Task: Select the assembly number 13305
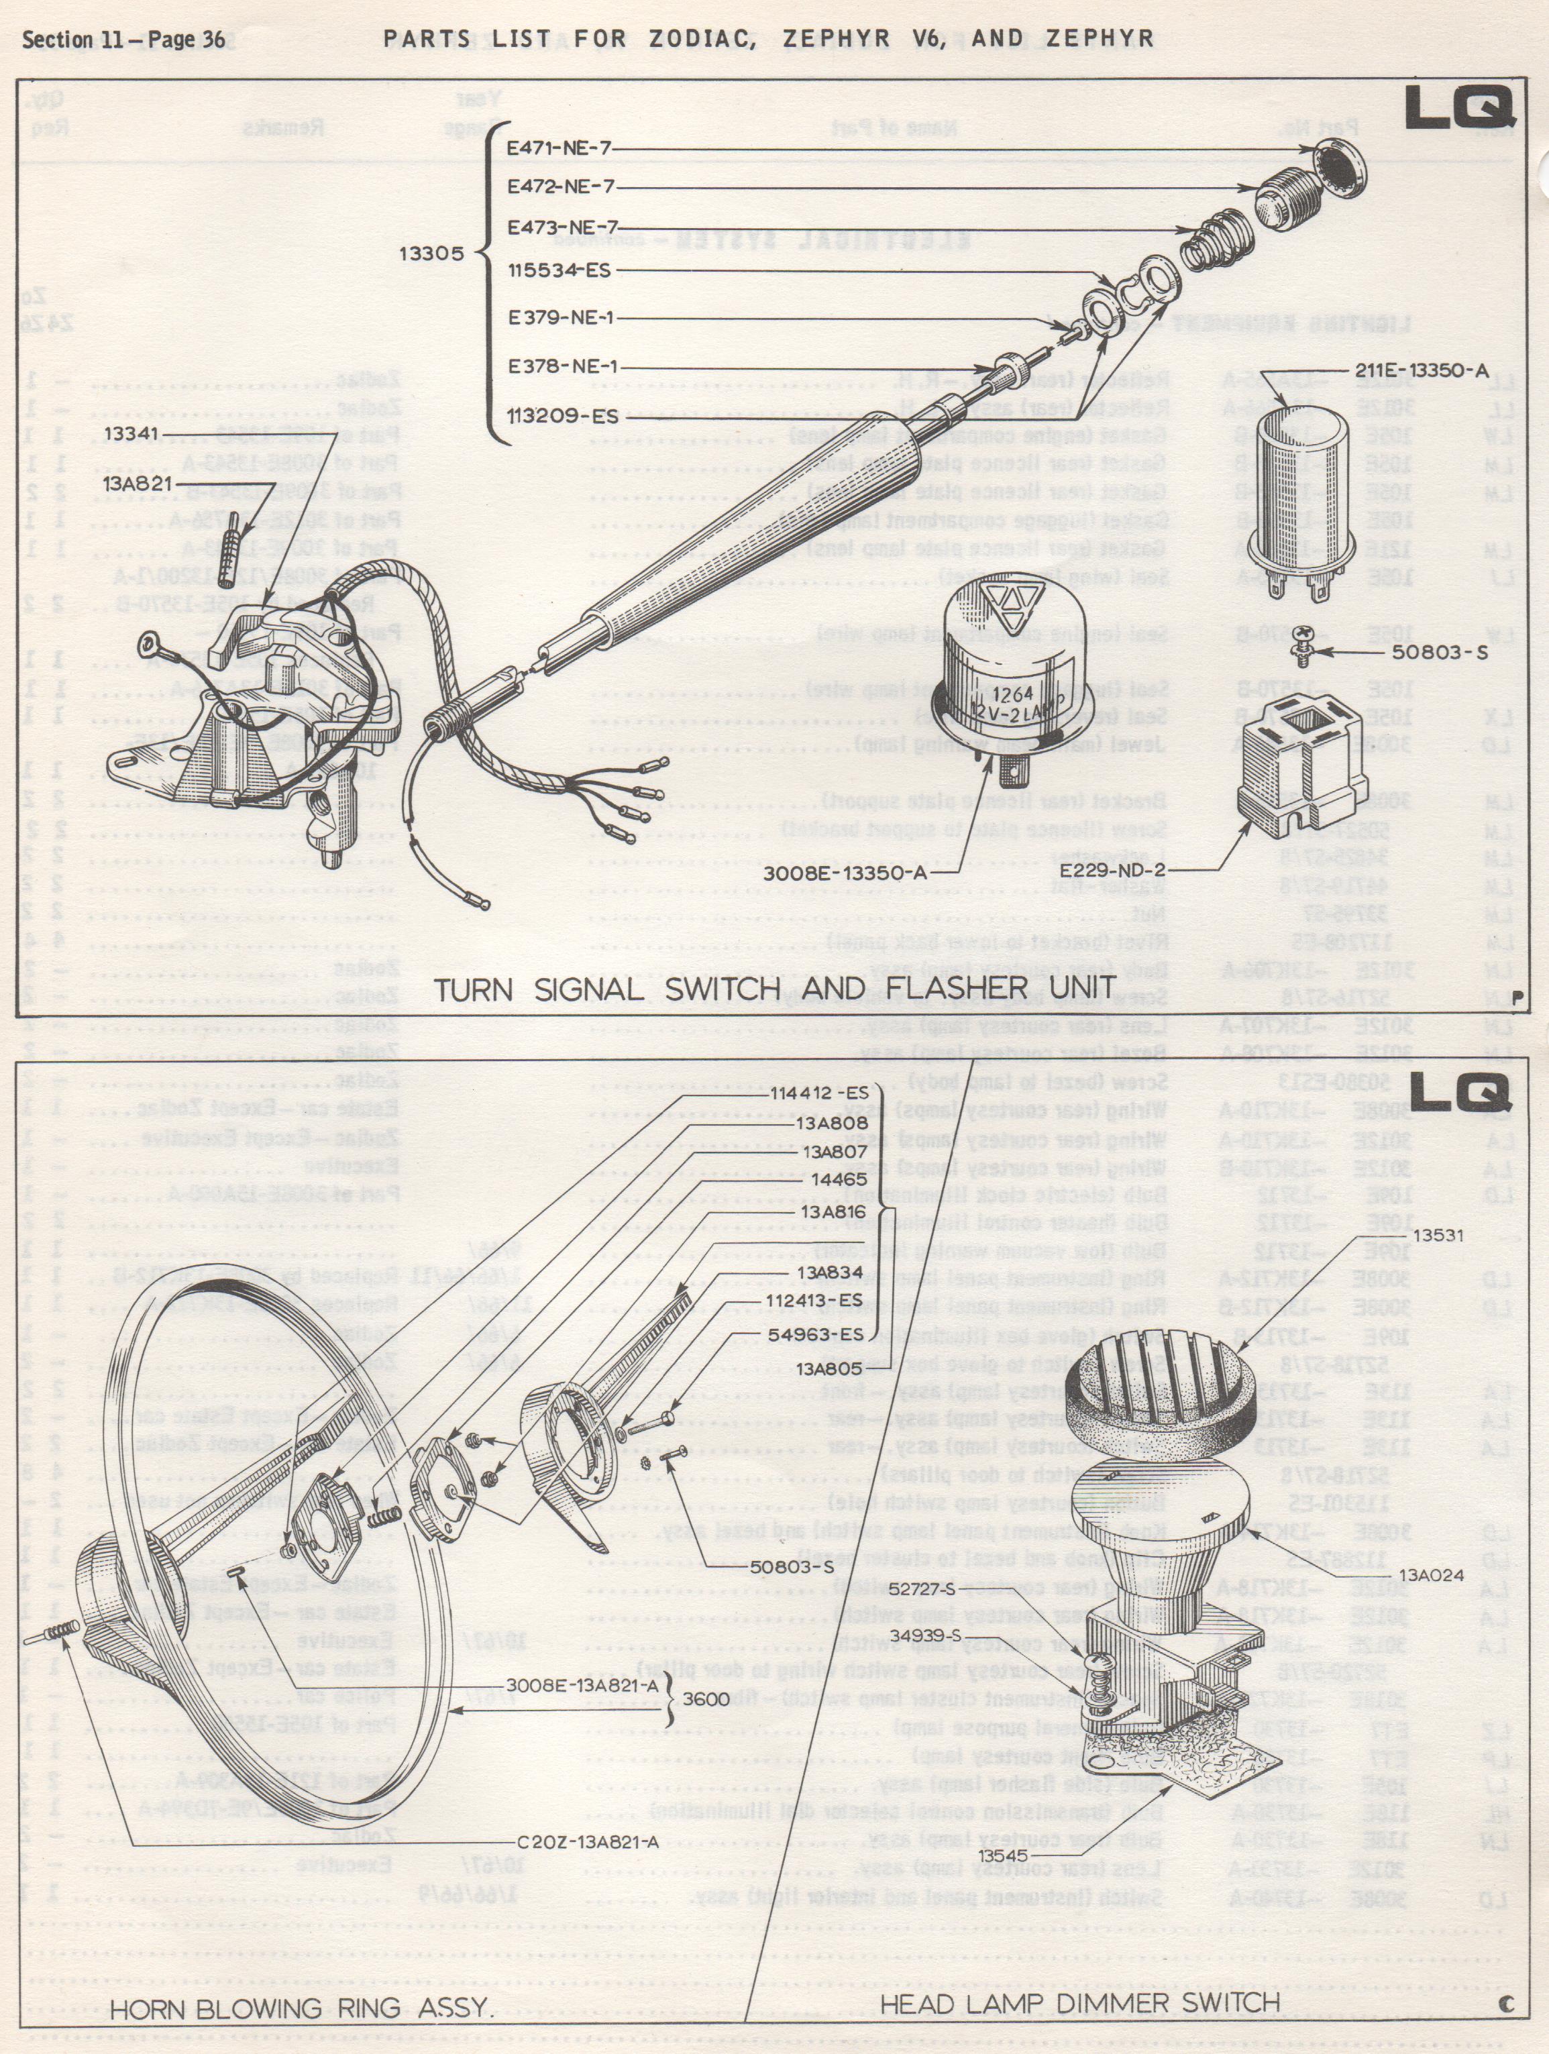click(x=431, y=253)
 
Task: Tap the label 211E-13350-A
click(x=1421, y=370)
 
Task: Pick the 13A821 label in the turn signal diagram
click(x=138, y=483)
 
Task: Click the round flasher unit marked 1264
click(x=1006, y=673)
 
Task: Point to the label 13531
click(x=1438, y=1235)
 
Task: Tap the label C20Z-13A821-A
click(x=587, y=1842)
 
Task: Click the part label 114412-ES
click(x=819, y=1093)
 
